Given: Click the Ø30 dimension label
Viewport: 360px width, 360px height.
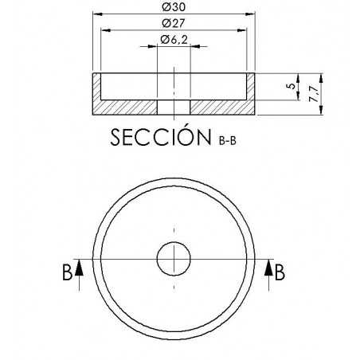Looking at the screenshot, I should [x=174, y=8].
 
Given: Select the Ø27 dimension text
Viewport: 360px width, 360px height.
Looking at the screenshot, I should [x=174, y=23].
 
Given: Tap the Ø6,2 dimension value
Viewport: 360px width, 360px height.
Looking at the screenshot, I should [x=174, y=39].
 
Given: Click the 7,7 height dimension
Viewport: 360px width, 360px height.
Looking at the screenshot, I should [x=311, y=94].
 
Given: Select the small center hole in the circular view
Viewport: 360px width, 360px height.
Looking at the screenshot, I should [x=174, y=259].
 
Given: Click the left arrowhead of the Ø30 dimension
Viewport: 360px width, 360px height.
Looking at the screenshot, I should [x=97, y=14].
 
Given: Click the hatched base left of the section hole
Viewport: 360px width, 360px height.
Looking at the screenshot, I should [x=127, y=107].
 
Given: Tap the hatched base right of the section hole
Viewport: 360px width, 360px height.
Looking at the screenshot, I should [x=219, y=107].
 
